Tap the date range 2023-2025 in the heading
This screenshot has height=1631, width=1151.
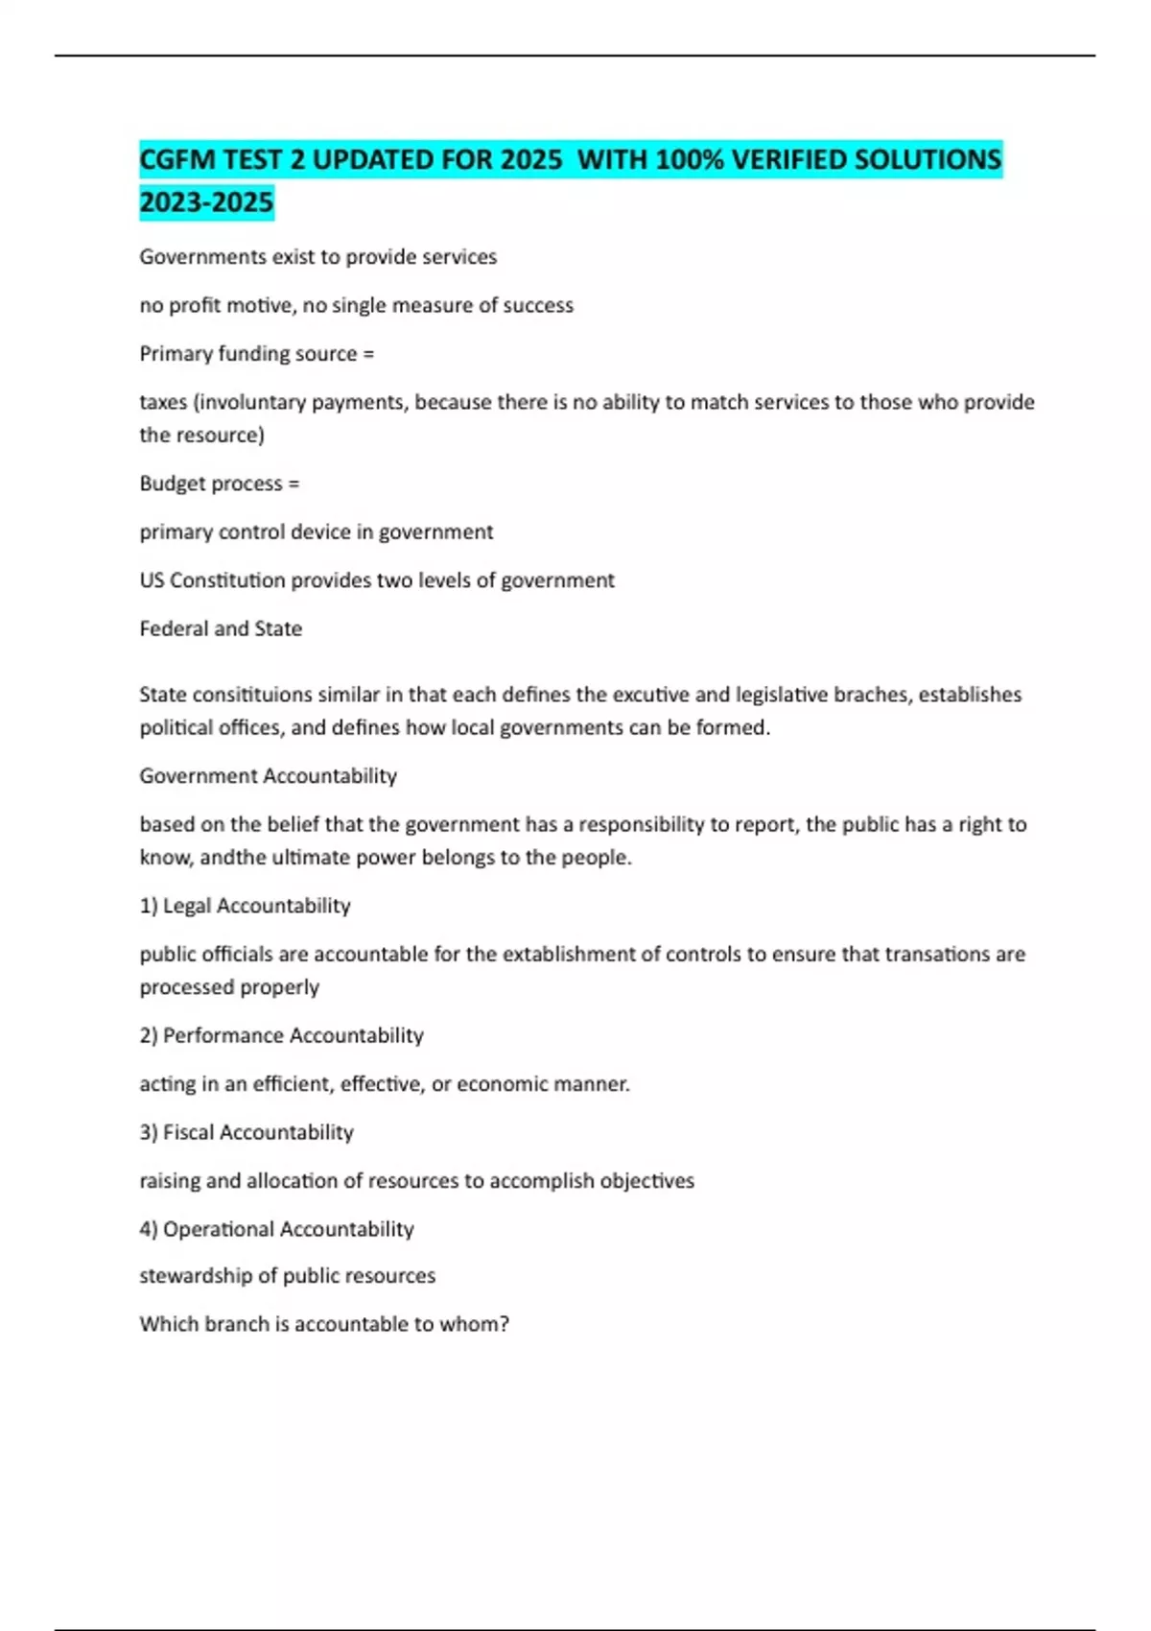point(206,202)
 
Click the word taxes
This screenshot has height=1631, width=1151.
point(163,402)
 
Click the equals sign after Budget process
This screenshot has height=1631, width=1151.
point(294,484)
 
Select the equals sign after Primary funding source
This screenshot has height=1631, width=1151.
point(368,354)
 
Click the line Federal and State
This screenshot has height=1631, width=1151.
point(221,628)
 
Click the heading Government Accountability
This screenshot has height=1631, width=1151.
point(268,775)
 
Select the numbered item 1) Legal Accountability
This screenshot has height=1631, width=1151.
point(245,906)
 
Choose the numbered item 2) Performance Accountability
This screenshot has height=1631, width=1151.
point(281,1035)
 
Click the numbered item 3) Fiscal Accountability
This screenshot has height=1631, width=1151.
point(247,1132)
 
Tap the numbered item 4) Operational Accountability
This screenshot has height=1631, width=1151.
point(276,1229)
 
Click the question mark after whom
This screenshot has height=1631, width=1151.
point(505,1324)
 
